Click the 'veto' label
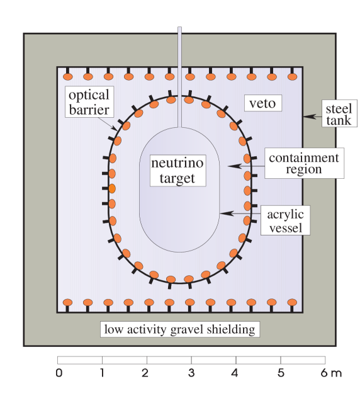[262, 103]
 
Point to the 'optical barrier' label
[89, 103]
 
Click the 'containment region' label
[303, 164]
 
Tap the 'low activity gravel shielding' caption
[180, 329]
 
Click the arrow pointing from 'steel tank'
[312, 116]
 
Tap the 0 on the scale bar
[59, 373]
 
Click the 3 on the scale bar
[191, 373]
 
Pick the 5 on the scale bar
[280, 373]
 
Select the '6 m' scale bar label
[330, 373]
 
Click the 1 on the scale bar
[102, 373]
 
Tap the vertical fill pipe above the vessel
[180, 76]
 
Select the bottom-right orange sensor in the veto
[292, 303]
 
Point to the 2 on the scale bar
[146, 373]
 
